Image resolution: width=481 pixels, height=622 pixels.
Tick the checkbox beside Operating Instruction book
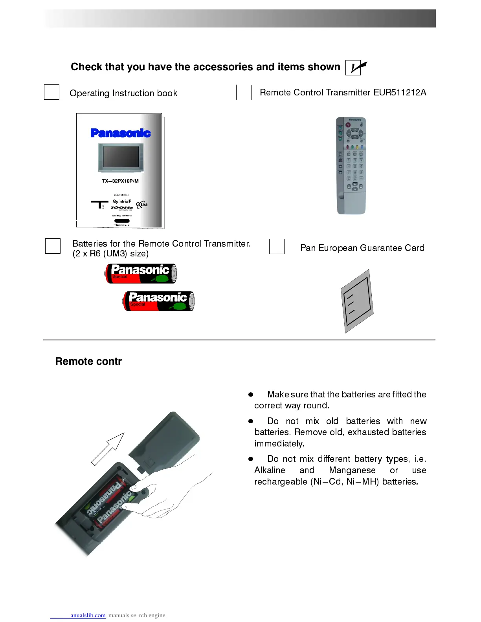point(51,92)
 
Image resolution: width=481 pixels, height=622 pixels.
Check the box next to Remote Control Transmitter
point(244,93)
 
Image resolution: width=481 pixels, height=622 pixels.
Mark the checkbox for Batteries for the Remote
point(53,246)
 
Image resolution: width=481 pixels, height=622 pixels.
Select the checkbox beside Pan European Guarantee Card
point(277,247)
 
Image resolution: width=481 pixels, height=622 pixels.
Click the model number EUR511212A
point(400,93)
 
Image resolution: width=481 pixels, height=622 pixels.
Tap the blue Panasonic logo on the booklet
point(120,133)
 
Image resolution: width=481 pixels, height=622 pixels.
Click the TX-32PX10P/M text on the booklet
point(120,181)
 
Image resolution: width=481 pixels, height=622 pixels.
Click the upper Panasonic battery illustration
point(141,273)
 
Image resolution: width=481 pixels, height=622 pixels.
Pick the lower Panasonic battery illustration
point(159,301)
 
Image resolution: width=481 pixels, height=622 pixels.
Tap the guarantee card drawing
point(357,300)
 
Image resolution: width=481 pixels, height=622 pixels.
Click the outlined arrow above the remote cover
point(108,448)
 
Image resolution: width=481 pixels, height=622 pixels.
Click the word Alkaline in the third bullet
point(270,470)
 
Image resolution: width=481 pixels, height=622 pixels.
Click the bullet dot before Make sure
point(251,394)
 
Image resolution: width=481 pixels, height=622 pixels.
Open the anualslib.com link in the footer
point(88,615)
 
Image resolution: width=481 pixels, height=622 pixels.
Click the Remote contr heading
point(88,361)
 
